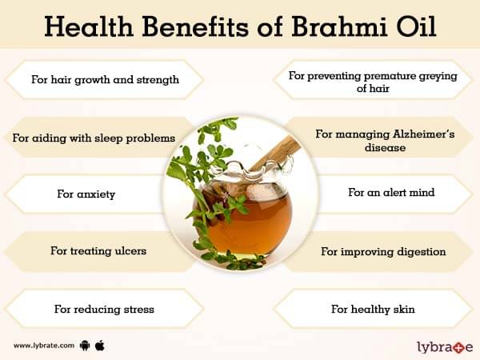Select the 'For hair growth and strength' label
click(105, 80)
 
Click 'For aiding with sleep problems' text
click(94, 138)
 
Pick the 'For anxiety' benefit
click(86, 194)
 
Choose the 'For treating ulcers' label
click(98, 251)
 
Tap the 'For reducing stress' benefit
click(104, 309)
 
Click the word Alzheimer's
click(424, 134)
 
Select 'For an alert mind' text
click(391, 192)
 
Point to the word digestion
click(422, 252)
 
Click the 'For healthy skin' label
click(373, 309)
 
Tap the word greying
click(438, 76)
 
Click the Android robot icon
click(85, 346)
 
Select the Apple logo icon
click(100, 346)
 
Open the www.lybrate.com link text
click(44, 346)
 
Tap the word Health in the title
click(89, 26)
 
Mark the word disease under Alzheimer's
click(385, 147)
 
